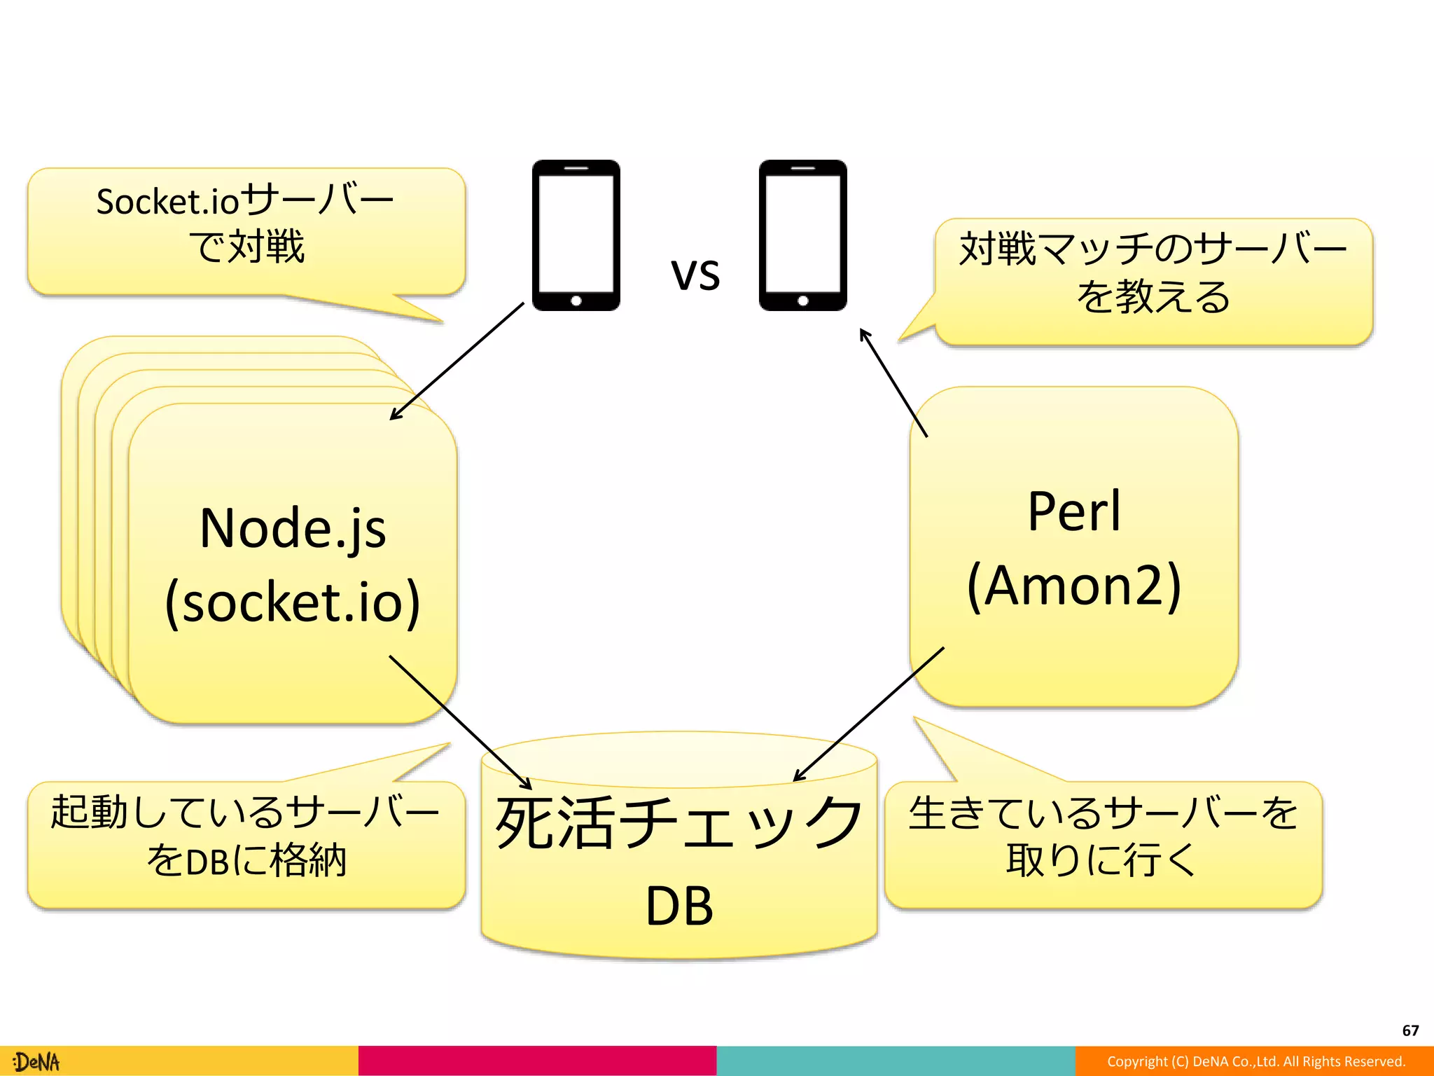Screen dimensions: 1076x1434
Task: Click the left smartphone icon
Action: coord(576,235)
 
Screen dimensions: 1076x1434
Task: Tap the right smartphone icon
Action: coord(802,235)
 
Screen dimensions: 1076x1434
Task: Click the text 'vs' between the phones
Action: coord(695,274)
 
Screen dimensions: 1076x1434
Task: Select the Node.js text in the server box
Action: coord(293,529)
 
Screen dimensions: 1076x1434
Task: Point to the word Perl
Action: coord(1074,511)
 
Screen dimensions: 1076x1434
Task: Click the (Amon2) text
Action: coord(1074,586)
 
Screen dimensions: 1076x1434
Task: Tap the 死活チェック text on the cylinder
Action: coord(678,823)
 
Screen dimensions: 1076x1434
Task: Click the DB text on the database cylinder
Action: coord(678,906)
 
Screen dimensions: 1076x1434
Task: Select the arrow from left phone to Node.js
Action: coord(457,361)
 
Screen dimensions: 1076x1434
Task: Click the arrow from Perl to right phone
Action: coord(893,382)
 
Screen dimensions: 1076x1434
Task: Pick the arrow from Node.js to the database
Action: coord(460,722)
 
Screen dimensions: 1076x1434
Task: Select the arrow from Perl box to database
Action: coord(868,714)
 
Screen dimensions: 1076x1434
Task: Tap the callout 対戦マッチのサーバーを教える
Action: coord(1153,273)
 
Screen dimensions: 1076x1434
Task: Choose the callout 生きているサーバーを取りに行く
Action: coord(1103,837)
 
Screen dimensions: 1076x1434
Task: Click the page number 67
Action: coord(1410,1030)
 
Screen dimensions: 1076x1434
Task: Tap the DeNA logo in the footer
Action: coord(37,1062)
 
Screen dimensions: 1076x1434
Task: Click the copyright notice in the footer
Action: coord(1255,1062)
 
